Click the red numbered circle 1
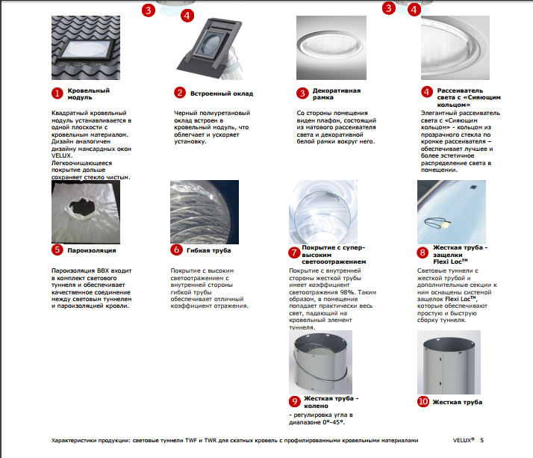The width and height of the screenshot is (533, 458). (x=57, y=93)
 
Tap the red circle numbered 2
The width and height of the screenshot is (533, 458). (x=179, y=93)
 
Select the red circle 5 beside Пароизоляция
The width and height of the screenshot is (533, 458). (x=57, y=250)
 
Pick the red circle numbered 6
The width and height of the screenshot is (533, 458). (x=177, y=250)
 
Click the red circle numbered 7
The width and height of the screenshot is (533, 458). (x=294, y=253)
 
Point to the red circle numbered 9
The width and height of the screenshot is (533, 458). (x=294, y=401)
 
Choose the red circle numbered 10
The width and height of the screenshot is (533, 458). (x=423, y=401)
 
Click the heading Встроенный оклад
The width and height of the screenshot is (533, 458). (x=222, y=94)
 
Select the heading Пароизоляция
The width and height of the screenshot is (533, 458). (x=92, y=250)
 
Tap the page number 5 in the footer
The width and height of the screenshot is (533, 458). (x=482, y=441)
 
